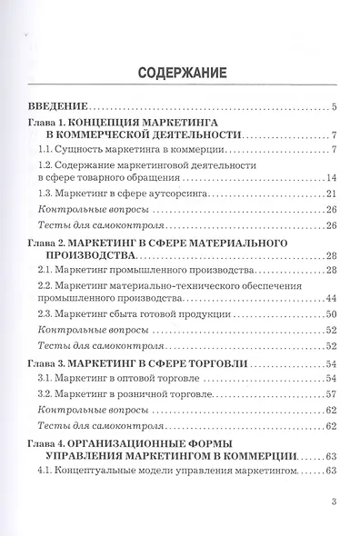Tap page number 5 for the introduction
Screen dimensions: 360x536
point(335,107)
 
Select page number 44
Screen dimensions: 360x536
point(333,300)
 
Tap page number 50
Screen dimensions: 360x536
point(333,314)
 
